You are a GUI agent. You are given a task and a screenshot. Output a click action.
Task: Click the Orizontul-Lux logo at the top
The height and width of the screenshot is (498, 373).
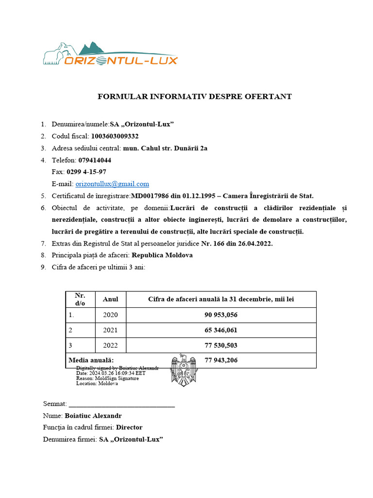point(110,54)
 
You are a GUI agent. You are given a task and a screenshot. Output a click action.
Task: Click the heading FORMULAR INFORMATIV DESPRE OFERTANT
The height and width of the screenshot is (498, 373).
point(195,96)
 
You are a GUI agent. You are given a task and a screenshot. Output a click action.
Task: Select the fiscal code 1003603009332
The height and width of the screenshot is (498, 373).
point(118,136)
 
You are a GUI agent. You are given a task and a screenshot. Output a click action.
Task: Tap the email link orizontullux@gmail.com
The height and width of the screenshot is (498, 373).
point(112,184)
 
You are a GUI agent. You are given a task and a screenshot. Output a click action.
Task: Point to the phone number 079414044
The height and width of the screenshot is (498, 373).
point(95,160)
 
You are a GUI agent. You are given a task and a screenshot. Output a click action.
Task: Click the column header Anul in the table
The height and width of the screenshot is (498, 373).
point(111,300)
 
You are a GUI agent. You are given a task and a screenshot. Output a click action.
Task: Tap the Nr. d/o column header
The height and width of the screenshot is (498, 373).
point(80,300)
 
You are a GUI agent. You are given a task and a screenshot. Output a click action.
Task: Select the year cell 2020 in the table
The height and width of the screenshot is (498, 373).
point(111,315)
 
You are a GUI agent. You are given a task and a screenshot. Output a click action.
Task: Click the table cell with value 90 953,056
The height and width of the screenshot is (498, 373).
point(221,315)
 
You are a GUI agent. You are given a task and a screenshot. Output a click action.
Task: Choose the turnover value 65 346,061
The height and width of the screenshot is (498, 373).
point(221,330)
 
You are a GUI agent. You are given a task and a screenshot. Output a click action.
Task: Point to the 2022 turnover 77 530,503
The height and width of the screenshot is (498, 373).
point(221,345)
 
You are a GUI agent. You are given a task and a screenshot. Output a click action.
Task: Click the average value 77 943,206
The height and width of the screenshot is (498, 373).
point(221,360)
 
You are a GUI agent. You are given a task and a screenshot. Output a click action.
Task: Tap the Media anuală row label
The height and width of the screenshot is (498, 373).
point(91,360)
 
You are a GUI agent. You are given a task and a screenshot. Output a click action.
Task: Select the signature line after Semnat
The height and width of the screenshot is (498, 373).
point(122,404)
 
